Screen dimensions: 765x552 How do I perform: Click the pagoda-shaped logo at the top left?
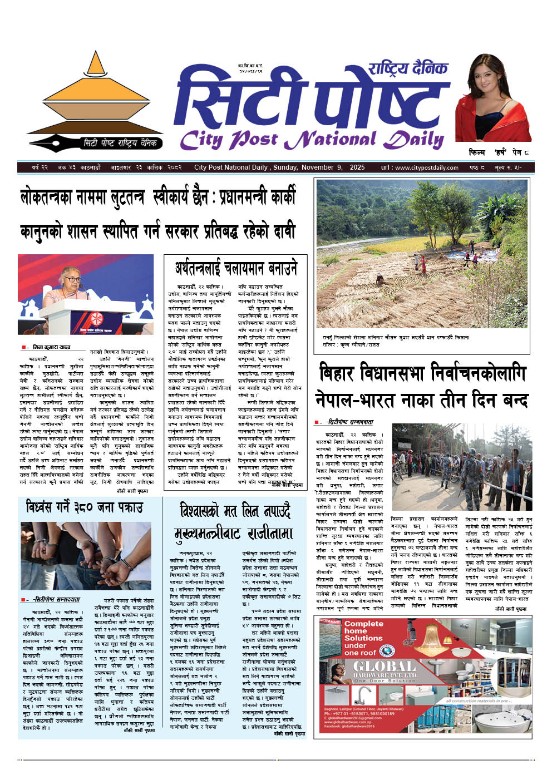click(92, 95)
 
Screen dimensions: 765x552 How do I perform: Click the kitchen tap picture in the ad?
click(364, 695)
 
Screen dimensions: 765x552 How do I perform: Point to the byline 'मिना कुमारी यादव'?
click(50, 347)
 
